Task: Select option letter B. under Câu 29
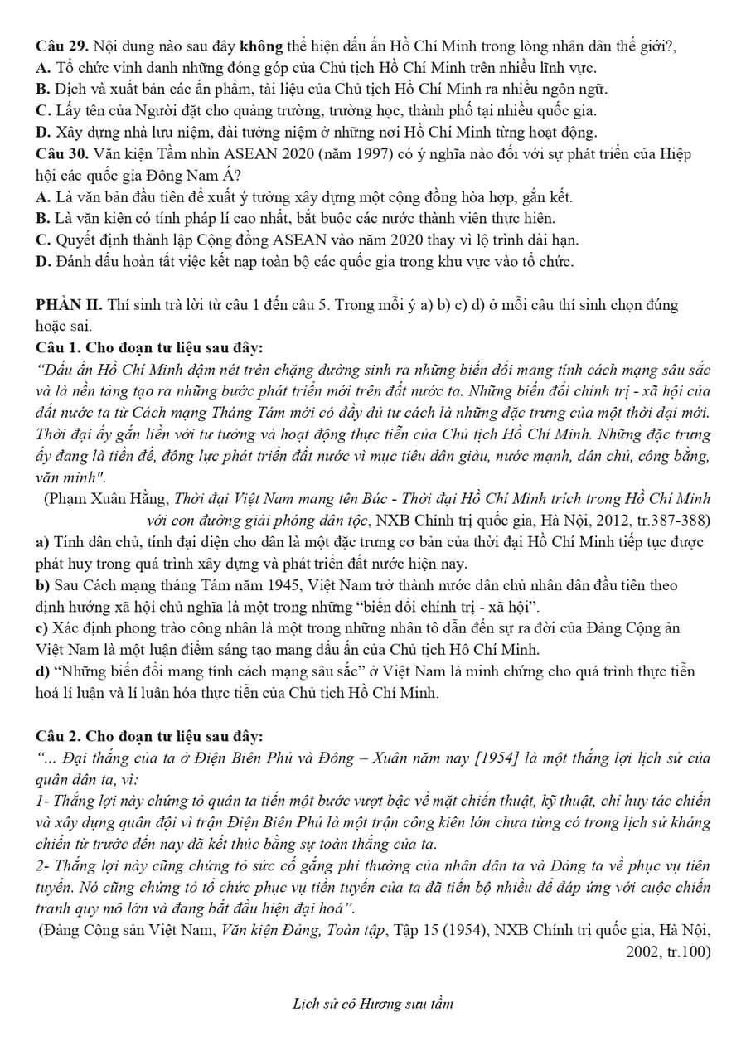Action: click(44, 90)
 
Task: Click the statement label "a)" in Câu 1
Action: click(43, 543)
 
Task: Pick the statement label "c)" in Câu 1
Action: click(43, 629)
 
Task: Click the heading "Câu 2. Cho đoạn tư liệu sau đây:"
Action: click(149, 737)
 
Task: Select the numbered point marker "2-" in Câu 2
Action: click(44, 866)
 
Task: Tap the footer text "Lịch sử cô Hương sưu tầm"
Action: click(373, 1005)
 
